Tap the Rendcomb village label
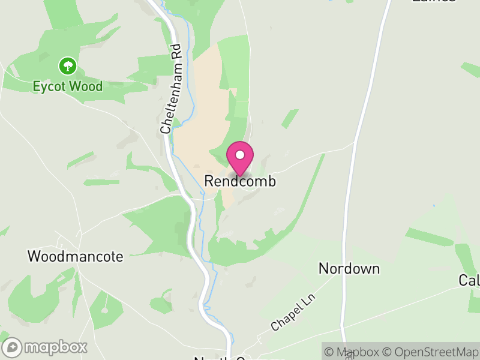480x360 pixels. pyautogui.click(x=240, y=181)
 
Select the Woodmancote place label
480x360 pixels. pyautogui.click(x=76, y=257)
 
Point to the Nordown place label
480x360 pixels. pyautogui.click(x=349, y=268)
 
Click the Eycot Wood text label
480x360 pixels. pyautogui.click(x=67, y=86)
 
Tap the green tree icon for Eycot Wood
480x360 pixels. pyautogui.click(x=67, y=65)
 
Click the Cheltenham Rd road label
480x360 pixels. pyautogui.click(x=170, y=89)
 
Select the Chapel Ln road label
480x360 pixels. pyautogui.click(x=293, y=312)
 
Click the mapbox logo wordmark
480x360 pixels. pyautogui.click(x=55, y=347)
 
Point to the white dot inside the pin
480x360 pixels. pyautogui.click(x=240, y=155)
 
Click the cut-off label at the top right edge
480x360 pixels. pyautogui.click(x=433, y=2)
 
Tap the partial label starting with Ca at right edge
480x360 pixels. pyautogui.click(x=469, y=280)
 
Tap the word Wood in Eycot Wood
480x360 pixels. pyautogui.click(x=86, y=86)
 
